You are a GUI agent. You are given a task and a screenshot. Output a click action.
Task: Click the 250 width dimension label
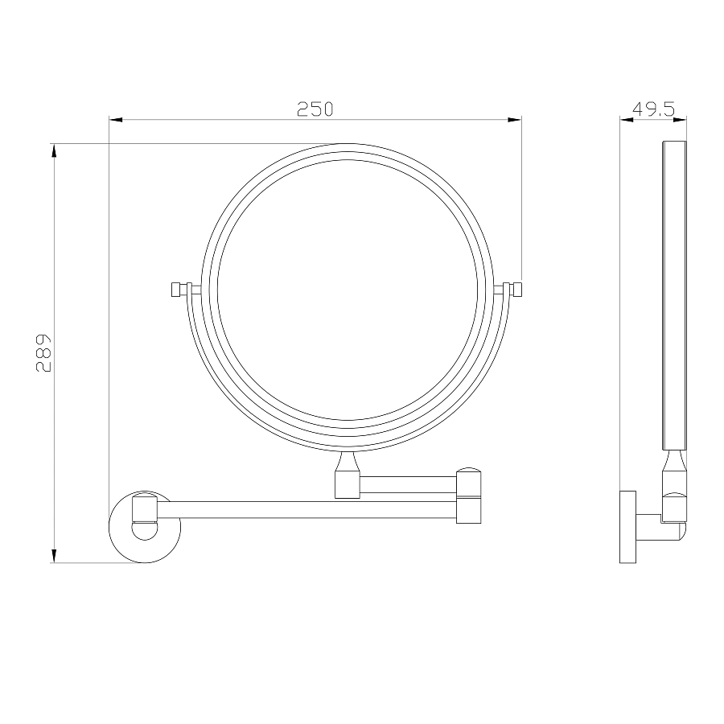click(x=315, y=109)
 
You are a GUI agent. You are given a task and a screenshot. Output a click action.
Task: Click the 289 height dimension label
click(x=44, y=353)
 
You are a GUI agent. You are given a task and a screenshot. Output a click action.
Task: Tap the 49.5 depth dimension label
click(x=653, y=109)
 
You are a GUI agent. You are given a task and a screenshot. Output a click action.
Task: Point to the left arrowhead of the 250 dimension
click(x=116, y=120)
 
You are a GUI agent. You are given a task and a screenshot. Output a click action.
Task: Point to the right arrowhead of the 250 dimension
click(x=514, y=120)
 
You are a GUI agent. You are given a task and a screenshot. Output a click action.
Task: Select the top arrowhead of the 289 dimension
click(x=54, y=150)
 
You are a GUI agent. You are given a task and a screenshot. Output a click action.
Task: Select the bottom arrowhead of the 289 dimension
click(x=54, y=556)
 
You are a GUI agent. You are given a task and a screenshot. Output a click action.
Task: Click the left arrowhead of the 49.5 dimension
click(x=627, y=120)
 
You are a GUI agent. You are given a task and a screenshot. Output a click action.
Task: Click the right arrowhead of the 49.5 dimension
click(x=680, y=120)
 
